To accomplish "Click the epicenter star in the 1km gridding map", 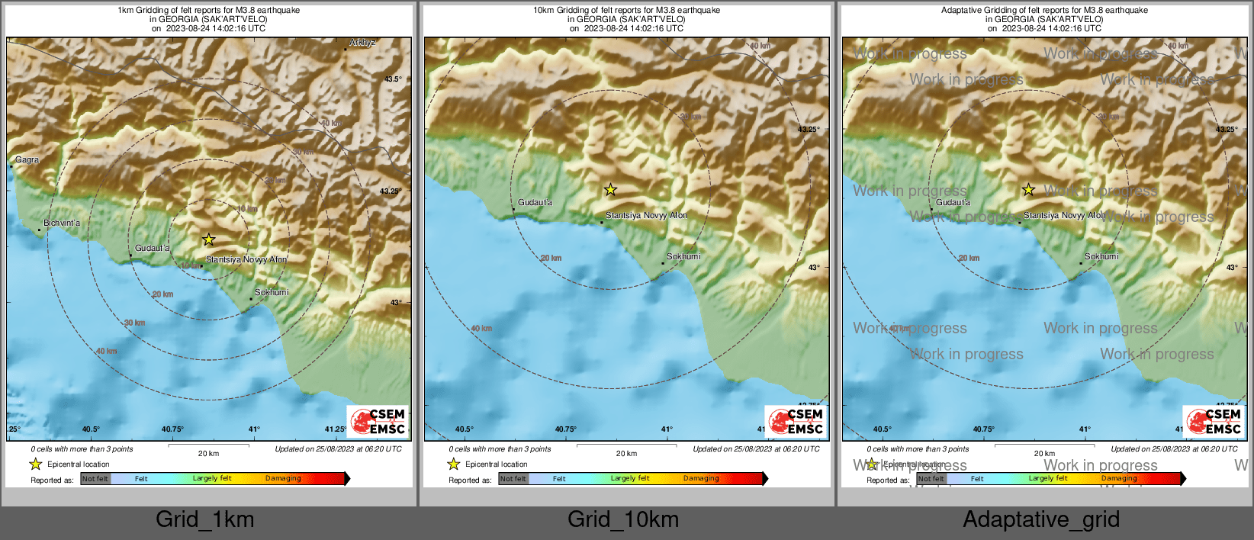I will tap(208, 239).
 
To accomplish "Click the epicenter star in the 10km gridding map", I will tap(610, 190).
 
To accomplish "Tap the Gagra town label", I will tap(27, 160).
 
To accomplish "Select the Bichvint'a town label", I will tap(62, 223).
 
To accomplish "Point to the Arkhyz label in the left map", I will tap(362, 43).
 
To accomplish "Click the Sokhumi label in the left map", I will tap(272, 292).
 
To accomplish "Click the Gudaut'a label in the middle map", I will tap(535, 202).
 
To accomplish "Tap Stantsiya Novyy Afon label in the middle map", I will tap(646, 215).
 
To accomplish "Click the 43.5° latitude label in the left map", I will tap(393, 79).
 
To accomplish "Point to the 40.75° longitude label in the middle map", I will tap(565, 429).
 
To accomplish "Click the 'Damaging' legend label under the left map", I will tap(283, 478).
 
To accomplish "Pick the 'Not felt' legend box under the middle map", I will tap(513, 479).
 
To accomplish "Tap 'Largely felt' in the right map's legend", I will tap(1047, 478).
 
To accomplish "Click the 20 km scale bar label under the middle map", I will tap(626, 453).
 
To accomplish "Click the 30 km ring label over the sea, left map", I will tap(134, 323).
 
